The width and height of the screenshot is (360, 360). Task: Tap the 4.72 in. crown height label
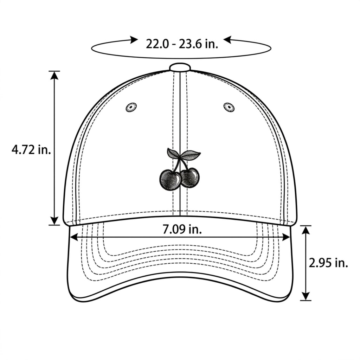point(31,150)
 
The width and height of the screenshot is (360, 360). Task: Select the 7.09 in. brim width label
point(182,229)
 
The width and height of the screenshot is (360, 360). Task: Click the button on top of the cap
point(180,67)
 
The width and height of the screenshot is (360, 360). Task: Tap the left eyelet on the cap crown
point(131,107)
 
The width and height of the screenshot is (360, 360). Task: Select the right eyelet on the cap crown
point(229,107)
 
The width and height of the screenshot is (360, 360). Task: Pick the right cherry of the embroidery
point(190,177)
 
